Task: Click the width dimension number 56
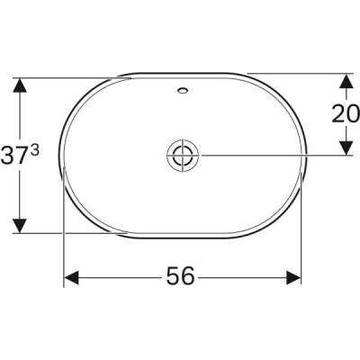point(181,277)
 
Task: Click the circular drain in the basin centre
point(181,155)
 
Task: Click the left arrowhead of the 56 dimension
point(72,278)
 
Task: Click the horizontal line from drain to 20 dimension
point(270,155)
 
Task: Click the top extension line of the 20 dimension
point(297,73)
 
